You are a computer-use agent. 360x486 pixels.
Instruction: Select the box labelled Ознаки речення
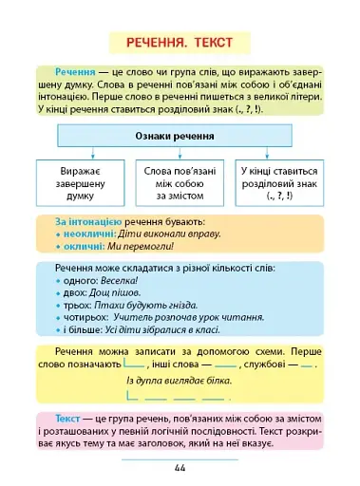179,137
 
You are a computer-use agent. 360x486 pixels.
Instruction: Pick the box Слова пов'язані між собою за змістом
180,183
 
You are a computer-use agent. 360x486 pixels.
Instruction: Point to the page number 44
180,467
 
